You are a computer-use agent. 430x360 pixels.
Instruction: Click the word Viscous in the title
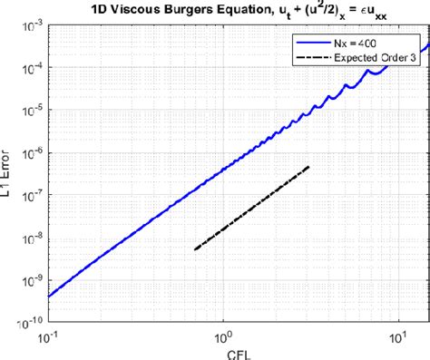135,11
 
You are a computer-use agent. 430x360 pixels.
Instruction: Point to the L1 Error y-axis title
8,173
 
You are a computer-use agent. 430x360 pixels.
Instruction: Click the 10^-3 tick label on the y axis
30,26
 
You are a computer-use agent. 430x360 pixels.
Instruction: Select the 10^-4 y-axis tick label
30,68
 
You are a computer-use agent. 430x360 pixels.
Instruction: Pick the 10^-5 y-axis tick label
30,111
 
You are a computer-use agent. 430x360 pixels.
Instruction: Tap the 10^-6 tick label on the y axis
30,152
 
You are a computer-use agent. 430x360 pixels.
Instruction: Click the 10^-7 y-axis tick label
30,195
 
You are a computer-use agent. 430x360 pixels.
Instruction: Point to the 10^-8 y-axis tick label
30,237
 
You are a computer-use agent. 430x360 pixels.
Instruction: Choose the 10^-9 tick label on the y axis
30,278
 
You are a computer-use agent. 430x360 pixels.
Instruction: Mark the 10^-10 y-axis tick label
28,319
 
